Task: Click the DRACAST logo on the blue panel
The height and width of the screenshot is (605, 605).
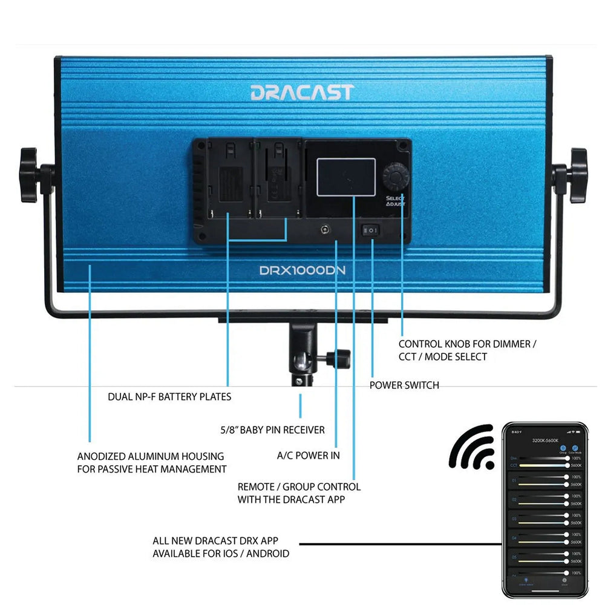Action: point(301,93)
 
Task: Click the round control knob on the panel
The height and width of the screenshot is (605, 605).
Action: point(396,177)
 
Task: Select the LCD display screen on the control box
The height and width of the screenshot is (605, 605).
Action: point(342,177)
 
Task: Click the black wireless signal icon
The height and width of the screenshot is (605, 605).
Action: point(472,447)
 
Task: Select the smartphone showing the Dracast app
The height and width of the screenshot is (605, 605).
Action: point(545,509)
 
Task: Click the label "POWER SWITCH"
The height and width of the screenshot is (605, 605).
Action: point(404,385)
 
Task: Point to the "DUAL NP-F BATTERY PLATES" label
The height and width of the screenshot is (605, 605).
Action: point(169,397)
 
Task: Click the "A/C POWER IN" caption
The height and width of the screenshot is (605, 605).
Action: point(308,456)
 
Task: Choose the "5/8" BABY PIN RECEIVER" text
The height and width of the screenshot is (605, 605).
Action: point(272,430)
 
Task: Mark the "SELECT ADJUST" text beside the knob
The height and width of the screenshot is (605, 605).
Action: point(396,201)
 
